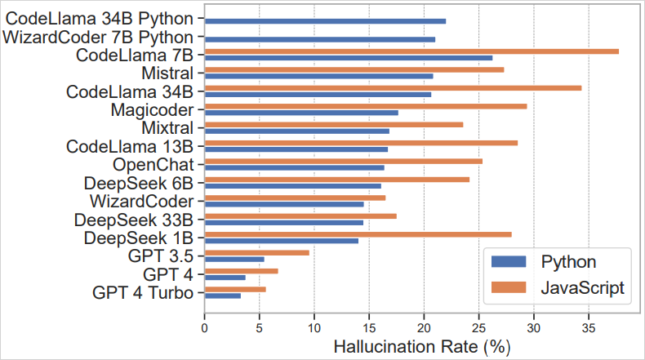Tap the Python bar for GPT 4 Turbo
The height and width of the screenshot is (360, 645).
pos(222,295)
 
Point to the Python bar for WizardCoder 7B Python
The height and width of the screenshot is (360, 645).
pos(319,39)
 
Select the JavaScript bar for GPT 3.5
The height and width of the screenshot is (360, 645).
pos(256,252)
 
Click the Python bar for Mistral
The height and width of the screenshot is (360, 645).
pos(318,76)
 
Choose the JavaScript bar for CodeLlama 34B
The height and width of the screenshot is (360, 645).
pos(393,88)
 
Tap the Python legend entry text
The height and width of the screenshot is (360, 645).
pos(568,262)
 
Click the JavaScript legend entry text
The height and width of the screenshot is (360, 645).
pos(583,287)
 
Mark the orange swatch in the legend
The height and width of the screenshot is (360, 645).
pos(509,287)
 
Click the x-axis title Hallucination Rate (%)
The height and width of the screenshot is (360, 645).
pos(421,346)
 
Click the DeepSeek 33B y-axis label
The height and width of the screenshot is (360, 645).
pos(133,220)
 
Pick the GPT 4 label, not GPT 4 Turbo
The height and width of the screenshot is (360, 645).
pos(168,273)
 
